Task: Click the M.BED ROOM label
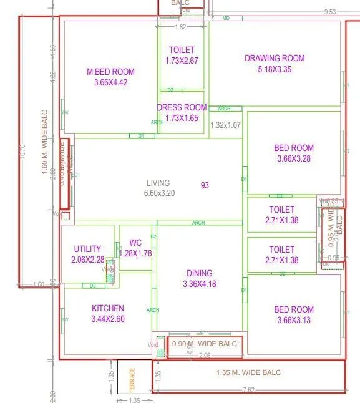click(x=110, y=72)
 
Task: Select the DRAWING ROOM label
click(x=275, y=59)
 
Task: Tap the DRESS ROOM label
click(x=182, y=107)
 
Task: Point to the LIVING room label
click(x=158, y=183)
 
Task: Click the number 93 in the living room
click(x=205, y=185)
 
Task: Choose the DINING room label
click(x=199, y=273)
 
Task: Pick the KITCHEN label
click(x=108, y=308)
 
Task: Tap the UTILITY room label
click(x=87, y=249)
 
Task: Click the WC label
click(x=135, y=243)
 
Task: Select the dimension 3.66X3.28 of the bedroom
click(x=294, y=159)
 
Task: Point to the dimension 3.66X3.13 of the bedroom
click(x=294, y=321)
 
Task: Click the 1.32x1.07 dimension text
click(x=225, y=125)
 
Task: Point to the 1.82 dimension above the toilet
click(x=180, y=27)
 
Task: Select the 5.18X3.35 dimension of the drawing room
click(x=275, y=70)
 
